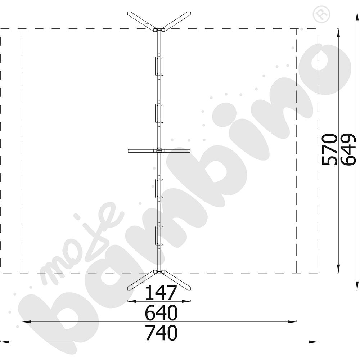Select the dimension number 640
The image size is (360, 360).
tap(161, 313)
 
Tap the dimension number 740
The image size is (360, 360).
tap(161, 333)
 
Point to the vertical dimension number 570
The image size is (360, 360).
tap(329, 149)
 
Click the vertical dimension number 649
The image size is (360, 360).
tap(348, 149)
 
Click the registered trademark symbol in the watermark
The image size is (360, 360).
tap(321, 14)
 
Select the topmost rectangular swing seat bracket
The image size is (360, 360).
tap(159, 66)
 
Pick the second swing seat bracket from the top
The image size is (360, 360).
tap(159, 113)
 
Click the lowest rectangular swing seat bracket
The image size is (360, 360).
tap(159, 235)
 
